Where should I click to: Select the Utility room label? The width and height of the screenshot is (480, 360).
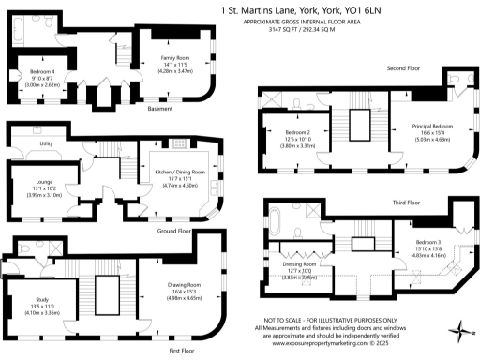click(x=46, y=143)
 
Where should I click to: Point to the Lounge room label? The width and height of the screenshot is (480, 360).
click(x=44, y=181)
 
